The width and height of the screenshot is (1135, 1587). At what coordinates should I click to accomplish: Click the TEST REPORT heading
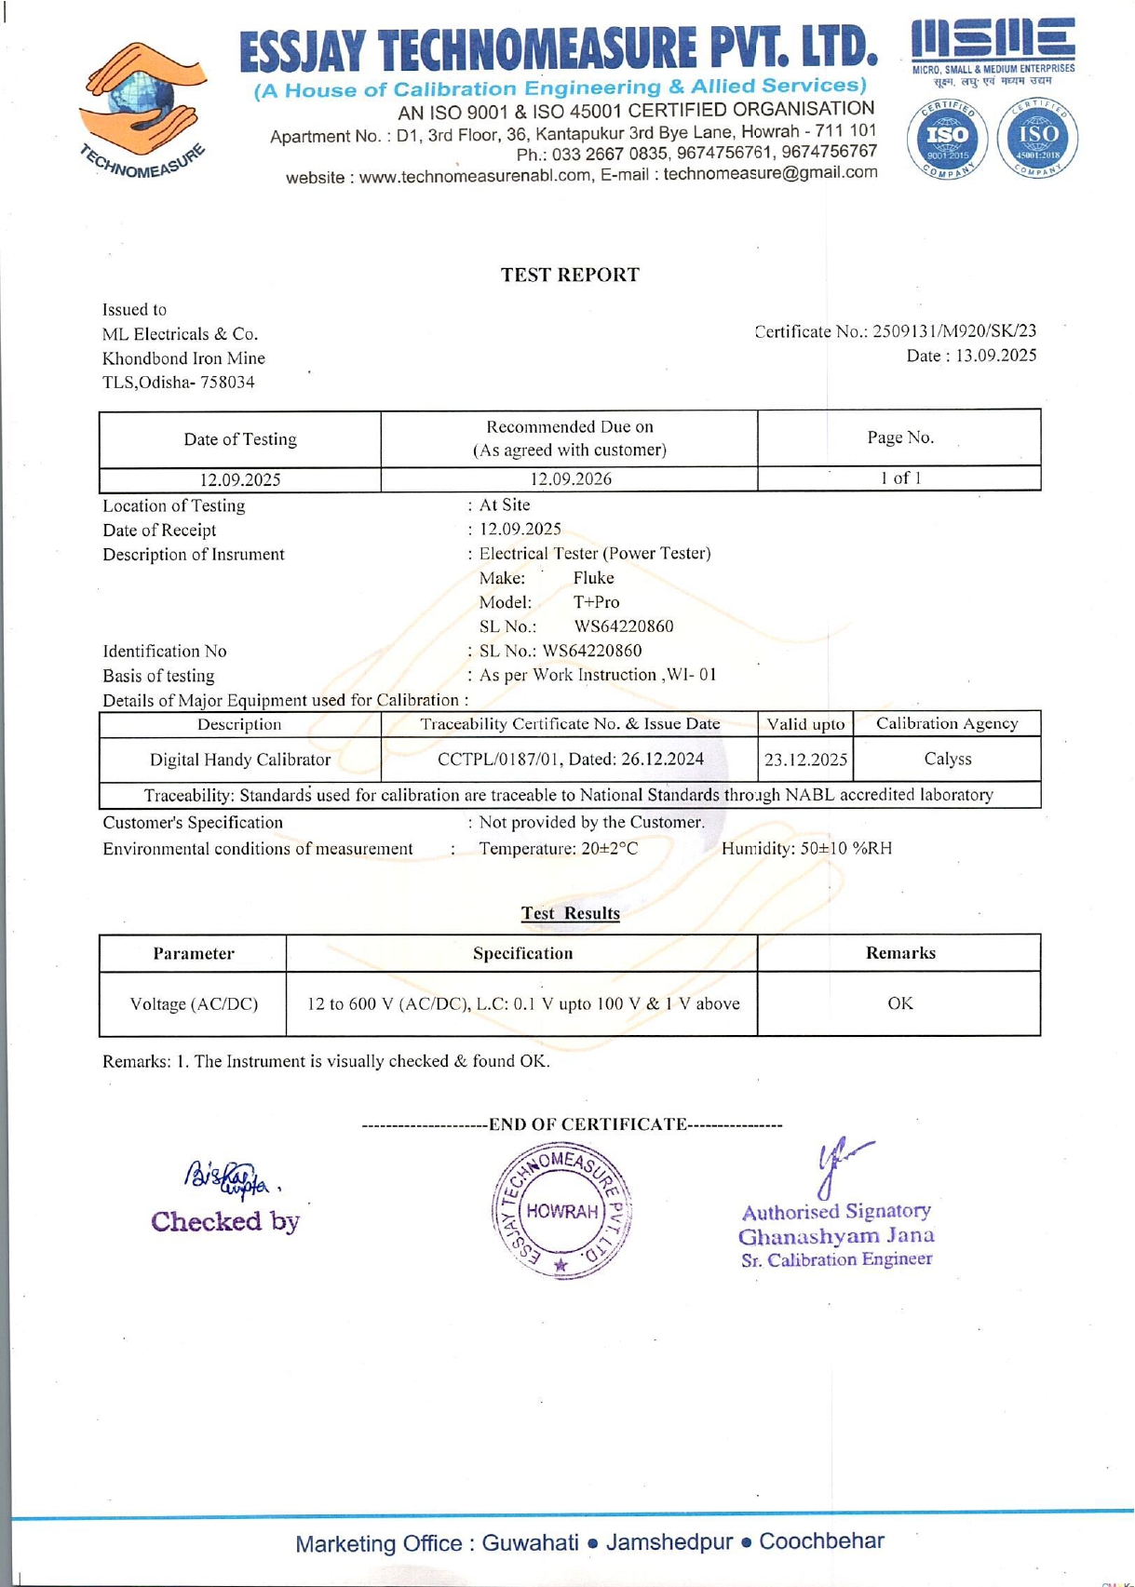(570, 275)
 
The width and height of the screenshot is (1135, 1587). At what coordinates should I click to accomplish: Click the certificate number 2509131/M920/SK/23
(954, 331)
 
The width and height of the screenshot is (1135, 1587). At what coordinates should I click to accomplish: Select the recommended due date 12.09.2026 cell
(570, 479)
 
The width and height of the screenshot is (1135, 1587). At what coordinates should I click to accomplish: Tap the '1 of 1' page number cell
(900, 478)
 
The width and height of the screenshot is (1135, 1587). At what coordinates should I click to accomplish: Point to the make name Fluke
(593, 578)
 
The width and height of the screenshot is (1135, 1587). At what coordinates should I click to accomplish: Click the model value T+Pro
(596, 602)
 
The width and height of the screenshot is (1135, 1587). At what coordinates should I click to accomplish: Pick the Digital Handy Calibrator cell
(240, 760)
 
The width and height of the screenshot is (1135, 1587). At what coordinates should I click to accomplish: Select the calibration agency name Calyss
(947, 759)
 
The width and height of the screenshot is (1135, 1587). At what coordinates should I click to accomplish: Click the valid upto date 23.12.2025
(805, 760)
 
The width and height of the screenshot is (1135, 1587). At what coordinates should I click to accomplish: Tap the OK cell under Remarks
(899, 1003)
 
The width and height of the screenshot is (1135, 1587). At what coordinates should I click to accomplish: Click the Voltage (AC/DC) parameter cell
(194, 1004)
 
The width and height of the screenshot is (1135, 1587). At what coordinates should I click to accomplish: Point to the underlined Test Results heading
(570, 913)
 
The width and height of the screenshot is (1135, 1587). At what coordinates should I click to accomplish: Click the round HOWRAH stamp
(561, 1211)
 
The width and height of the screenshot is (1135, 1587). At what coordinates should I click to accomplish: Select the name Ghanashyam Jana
(836, 1236)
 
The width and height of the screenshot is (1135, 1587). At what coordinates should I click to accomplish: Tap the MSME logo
(993, 47)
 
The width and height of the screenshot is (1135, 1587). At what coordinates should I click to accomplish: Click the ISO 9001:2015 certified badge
(947, 139)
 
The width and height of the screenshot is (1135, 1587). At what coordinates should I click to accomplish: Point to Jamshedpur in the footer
(669, 1542)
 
